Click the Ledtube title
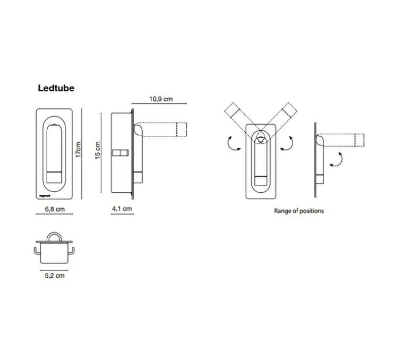click(56, 88)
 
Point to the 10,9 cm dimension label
click(161, 99)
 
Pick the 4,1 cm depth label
click(122, 209)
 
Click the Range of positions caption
click(298, 211)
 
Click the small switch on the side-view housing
click(121, 153)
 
